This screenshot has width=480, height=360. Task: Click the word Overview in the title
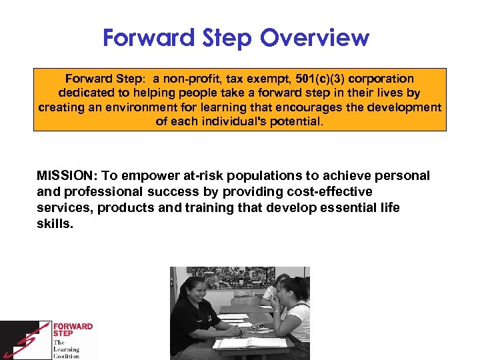pos(314,38)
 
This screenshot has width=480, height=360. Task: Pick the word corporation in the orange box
pos(385,79)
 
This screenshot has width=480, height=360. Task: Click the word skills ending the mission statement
pos(54,224)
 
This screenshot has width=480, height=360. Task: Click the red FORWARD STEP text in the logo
pos(73,331)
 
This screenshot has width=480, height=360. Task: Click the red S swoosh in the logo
pos(27,340)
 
